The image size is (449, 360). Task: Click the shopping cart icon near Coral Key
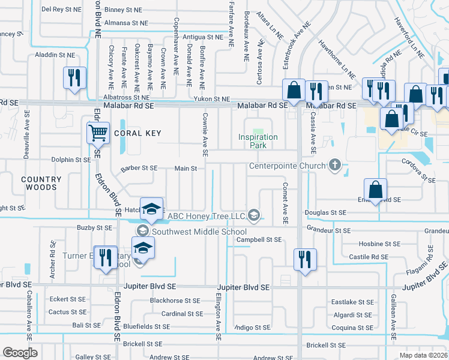click(x=98, y=132)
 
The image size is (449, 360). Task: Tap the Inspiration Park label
click(x=258, y=141)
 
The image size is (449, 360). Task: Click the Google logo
click(x=20, y=352)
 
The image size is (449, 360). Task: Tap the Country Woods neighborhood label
click(x=41, y=183)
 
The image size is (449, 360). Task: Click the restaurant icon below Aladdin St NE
click(x=74, y=78)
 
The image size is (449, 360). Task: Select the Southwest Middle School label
click(x=199, y=232)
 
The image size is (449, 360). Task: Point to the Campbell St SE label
click(x=259, y=239)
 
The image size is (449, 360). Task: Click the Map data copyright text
click(x=424, y=355)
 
